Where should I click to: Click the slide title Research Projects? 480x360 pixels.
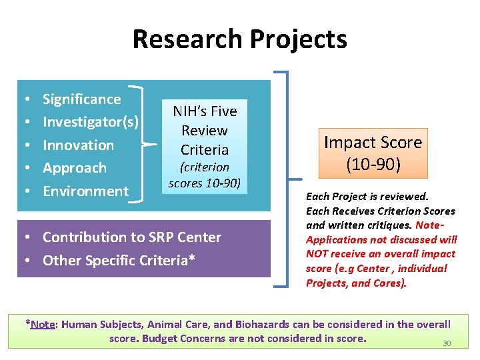(x=239, y=39)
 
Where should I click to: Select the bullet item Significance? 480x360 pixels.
(x=81, y=99)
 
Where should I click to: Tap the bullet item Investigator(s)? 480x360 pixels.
(x=91, y=122)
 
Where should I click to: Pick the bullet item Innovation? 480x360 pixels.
(x=78, y=145)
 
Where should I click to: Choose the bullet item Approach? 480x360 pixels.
(x=74, y=168)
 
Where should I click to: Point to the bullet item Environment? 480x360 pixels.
(x=85, y=191)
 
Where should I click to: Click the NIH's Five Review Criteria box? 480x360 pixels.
(x=205, y=130)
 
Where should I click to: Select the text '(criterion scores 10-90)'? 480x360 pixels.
(x=205, y=175)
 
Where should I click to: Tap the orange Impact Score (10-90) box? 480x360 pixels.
(x=373, y=153)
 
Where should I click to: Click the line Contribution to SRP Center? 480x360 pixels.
(x=132, y=237)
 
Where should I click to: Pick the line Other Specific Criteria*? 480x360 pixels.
(x=119, y=260)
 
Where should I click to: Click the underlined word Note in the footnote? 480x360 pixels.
(x=43, y=325)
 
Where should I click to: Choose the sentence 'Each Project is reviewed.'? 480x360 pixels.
(x=367, y=197)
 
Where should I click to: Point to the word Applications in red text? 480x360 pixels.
(x=335, y=239)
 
